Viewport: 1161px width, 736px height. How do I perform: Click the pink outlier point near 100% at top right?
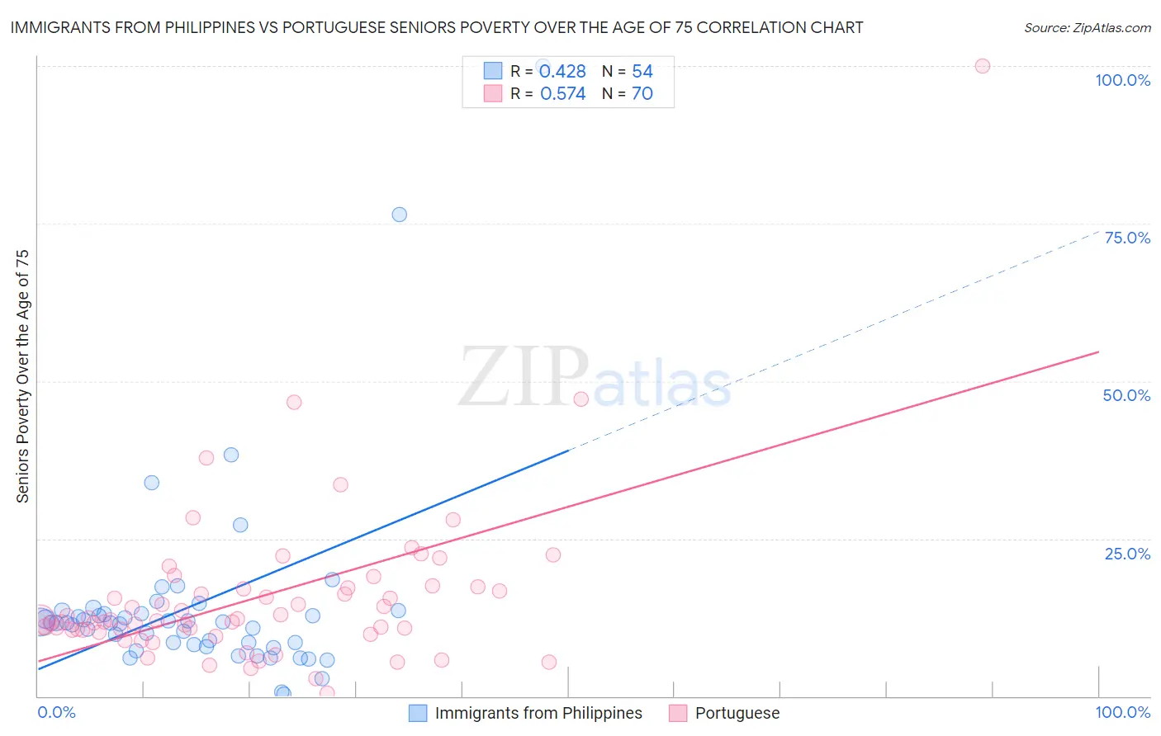(x=982, y=66)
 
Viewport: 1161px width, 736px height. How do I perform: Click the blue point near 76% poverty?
(x=399, y=215)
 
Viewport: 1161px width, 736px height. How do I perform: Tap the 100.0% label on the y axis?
(x=1122, y=80)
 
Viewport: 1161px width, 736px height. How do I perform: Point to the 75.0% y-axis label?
(x=1127, y=238)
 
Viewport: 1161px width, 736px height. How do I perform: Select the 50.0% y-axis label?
(x=1126, y=395)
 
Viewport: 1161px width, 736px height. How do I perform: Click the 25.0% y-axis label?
(x=1127, y=554)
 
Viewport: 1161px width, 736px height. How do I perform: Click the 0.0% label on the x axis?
(x=56, y=712)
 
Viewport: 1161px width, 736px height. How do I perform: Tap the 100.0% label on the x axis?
(x=1122, y=712)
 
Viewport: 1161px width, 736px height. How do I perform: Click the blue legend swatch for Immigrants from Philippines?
(x=419, y=713)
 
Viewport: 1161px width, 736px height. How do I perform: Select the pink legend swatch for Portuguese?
(x=678, y=713)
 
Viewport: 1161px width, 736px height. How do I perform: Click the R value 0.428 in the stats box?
(x=562, y=72)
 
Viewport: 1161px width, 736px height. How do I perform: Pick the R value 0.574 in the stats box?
(x=562, y=94)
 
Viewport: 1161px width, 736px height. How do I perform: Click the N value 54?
(x=642, y=72)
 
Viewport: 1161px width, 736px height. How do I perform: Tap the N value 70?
(x=642, y=94)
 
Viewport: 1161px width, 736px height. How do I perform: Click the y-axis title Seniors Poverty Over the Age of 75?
(x=22, y=376)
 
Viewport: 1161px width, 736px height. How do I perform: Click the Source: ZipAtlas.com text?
(x=1087, y=28)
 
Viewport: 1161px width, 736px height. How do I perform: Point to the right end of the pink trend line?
(x=1097, y=352)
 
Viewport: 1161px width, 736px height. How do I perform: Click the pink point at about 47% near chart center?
(x=580, y=399)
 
